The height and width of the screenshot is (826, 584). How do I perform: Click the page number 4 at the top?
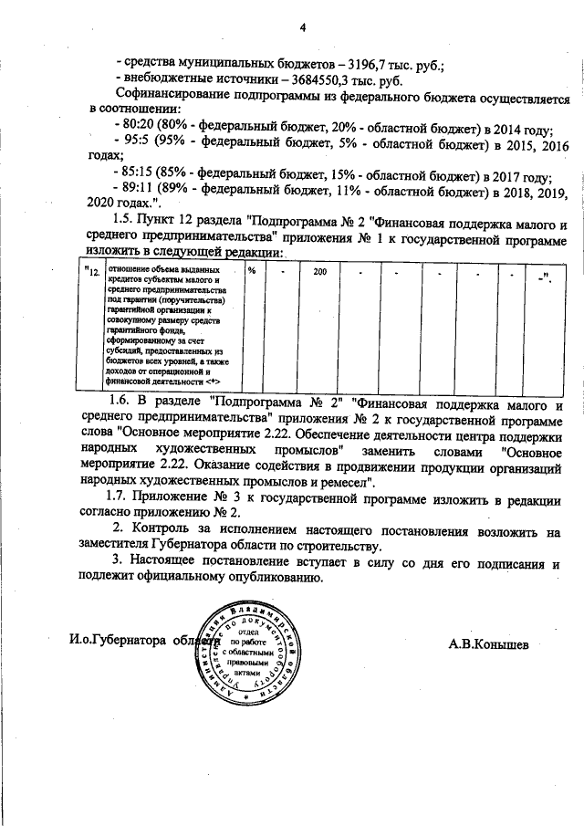click(x=301, y=25)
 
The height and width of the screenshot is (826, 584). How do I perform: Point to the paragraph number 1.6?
click(x=119, y=403)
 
